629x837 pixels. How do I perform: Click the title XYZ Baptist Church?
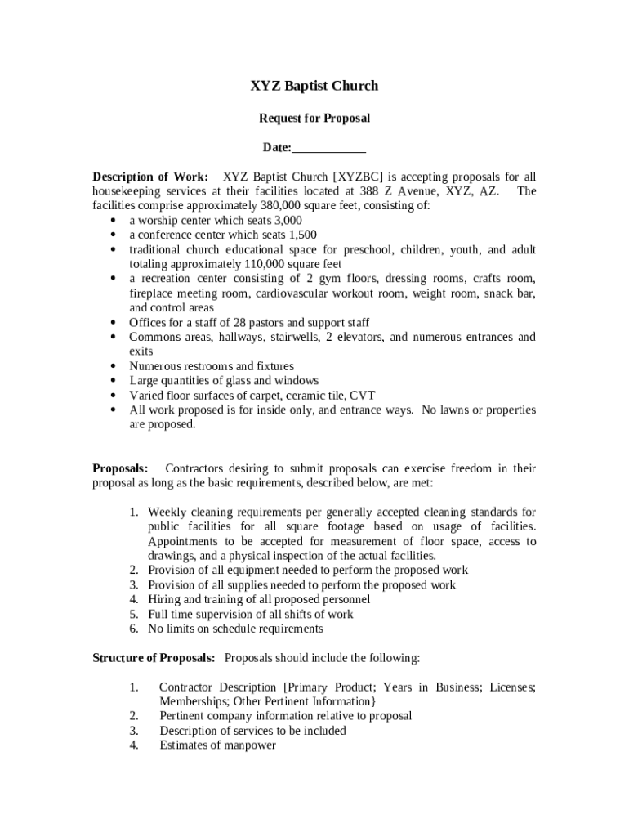point(314,86)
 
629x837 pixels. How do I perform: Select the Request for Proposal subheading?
point(314,119)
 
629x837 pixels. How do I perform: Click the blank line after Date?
point(328,148)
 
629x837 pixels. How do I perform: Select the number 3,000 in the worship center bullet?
point(287,221)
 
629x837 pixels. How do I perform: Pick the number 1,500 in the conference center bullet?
point(301,235)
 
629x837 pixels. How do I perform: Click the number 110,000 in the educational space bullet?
point(270,265)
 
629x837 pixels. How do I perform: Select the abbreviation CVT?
point(362,396)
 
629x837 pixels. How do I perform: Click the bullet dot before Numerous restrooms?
point(111,367)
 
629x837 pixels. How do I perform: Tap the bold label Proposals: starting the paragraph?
point(120,469)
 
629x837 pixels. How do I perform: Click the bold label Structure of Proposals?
point(154,658)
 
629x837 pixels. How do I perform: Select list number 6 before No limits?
point(133,629)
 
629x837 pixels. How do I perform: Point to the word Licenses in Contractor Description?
point(511,687)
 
